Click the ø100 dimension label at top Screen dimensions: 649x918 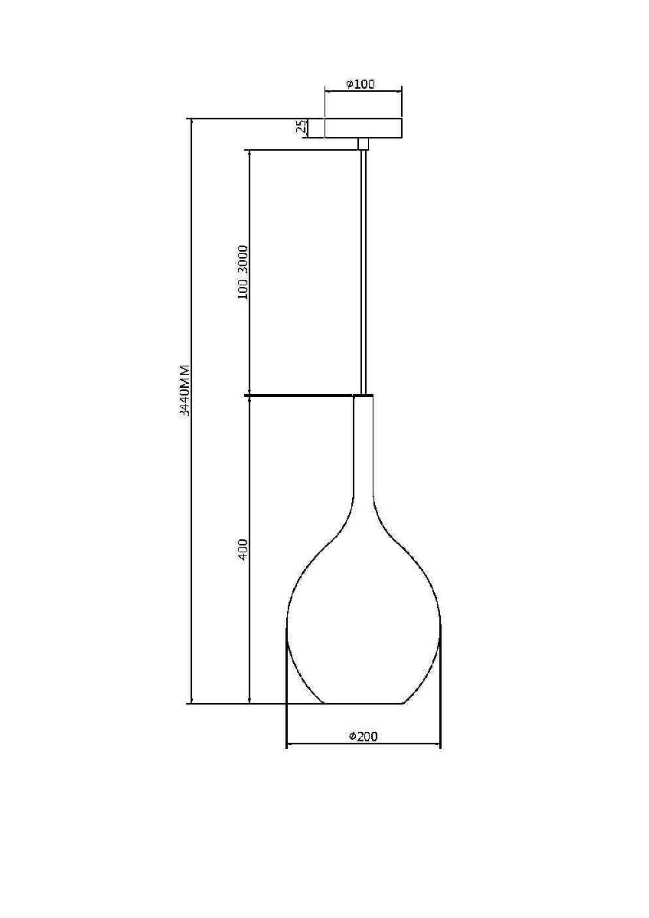(x=360, y=84)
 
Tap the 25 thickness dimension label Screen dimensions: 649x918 (x=302, y=128)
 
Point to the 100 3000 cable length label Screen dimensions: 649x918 (x=243, y=272)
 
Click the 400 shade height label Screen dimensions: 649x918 (x=243, y=550)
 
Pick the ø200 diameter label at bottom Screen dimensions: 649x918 (x=363, y=737)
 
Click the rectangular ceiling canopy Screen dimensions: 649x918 (x=364, y=128)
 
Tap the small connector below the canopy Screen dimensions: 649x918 (x=364, y=144)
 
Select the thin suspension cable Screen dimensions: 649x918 (x=364, y=272)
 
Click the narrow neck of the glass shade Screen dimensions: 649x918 (x=364, y=447)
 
